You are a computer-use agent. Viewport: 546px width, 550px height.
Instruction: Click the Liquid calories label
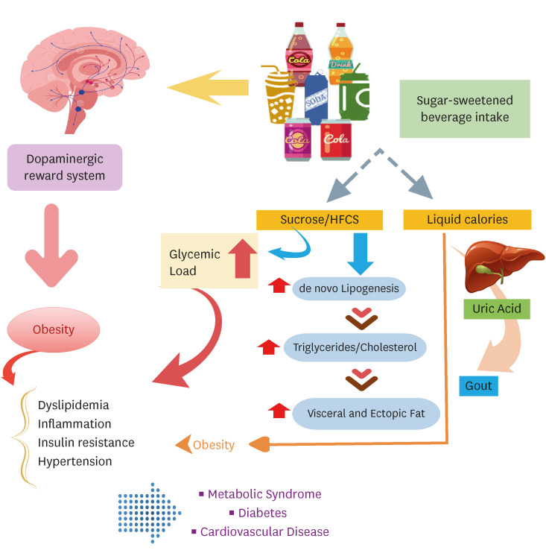[x=467, y=219]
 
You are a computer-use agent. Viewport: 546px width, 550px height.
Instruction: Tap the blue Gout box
[x=477, y=385]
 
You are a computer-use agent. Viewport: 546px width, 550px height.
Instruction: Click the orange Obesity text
[x=214, y=446]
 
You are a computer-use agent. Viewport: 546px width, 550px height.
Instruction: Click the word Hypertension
[x=75, y=461]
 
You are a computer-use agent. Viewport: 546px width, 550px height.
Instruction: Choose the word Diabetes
[x=263, y=513]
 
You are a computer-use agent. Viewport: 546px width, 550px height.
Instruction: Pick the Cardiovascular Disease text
[x=264, y=532]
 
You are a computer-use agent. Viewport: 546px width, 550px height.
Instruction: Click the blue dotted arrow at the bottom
[x=150, y=513]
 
